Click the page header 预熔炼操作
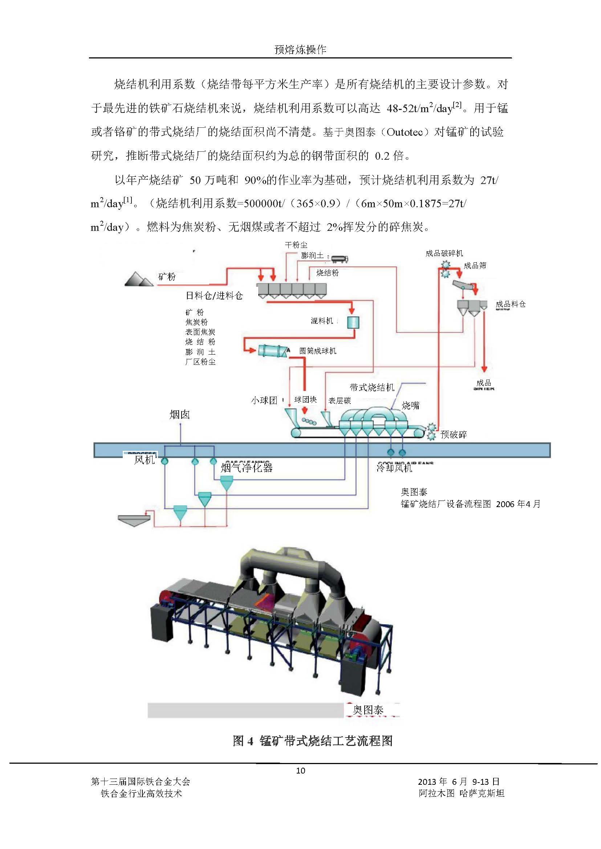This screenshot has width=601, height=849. click(300, 50)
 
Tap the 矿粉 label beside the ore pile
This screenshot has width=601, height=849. click(167, 277)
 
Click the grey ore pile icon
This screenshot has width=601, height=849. click(138, 279)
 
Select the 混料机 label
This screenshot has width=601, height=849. click(322, 321)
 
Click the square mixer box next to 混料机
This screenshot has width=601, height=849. click(353, 322)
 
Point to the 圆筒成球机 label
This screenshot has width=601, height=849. click(317, 351)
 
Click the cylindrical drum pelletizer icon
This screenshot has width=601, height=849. click(273, 350)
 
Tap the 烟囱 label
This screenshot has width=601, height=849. click(180, 415)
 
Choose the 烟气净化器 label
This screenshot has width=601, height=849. click(247, 468)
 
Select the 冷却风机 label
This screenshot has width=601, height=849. click(394, 468)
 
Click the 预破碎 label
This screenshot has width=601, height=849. click(453, 434)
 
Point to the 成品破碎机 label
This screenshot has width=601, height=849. click(444, 253)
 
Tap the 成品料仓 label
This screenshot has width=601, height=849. click(510, 304)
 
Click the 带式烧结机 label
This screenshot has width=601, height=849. click(372, 387)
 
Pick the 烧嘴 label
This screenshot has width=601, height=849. click(410, 405)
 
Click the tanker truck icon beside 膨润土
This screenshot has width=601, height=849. click(338, 258)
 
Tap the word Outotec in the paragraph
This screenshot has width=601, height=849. click(405, 132)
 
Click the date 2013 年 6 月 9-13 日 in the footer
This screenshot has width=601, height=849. click(459, 782)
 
